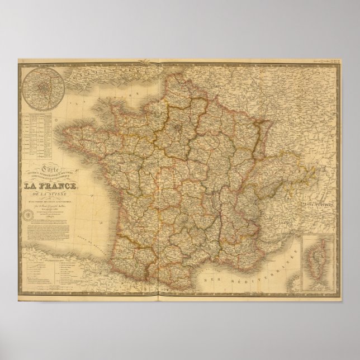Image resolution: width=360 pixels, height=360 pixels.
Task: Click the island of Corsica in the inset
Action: click(315, 263)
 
